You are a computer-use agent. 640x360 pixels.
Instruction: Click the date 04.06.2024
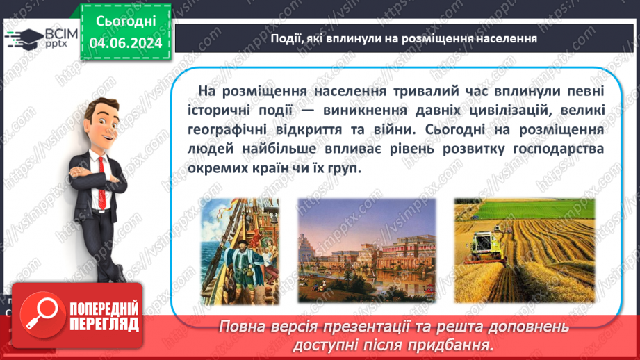125,43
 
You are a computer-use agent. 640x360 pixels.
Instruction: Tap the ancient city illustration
367,250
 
